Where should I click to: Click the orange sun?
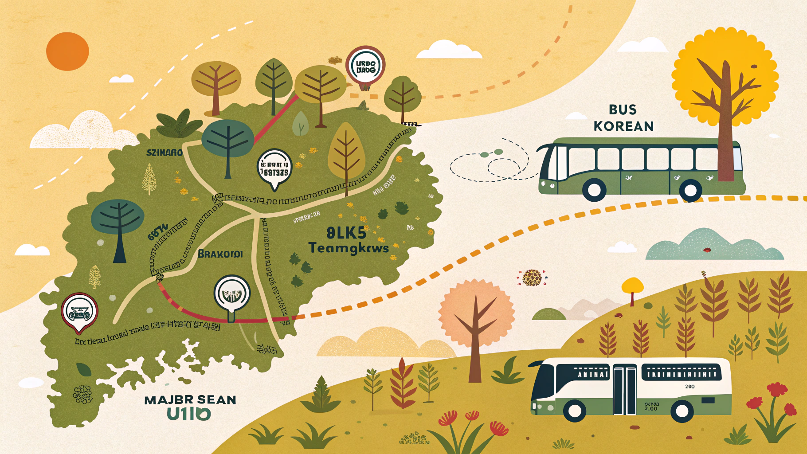point(67,51)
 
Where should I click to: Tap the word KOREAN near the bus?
point(623,126)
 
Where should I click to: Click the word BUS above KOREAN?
point(623,110)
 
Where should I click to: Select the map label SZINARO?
point(165,153)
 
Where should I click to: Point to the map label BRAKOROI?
point(220,254)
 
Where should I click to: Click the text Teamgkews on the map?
point(348,248)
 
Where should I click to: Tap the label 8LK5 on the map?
point(346,233)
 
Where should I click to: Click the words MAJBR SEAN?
point(190,400)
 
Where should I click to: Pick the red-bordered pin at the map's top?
point(365,67)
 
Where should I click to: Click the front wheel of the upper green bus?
point(594,190)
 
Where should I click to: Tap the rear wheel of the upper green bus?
point(690,190)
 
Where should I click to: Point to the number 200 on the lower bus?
point(689,387)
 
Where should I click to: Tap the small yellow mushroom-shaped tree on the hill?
point(632,286)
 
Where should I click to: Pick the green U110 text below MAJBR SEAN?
point(188,414)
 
